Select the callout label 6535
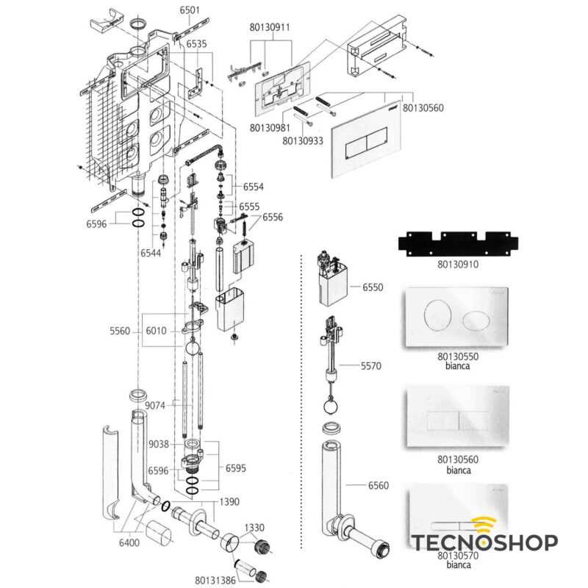coord(196,44)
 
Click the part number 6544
coord(151,253)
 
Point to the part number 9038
coord(159,445)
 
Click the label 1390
coord(229,502)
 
